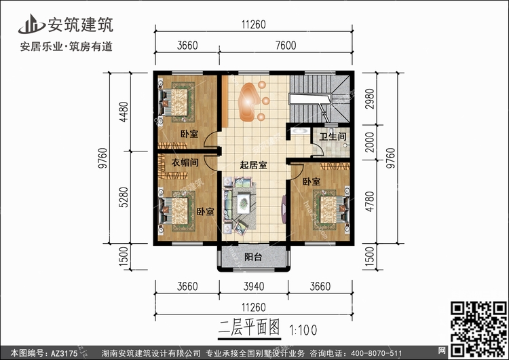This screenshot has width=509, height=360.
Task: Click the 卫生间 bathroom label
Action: click(333, 137)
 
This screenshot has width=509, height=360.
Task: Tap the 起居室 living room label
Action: click(254, 165)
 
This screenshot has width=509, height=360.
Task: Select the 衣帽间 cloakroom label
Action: click(185, 162)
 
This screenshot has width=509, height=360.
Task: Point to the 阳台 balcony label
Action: click(253, 257)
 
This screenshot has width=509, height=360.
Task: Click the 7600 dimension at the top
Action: click(286, 45)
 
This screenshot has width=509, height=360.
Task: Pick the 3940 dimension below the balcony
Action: click(254, 286)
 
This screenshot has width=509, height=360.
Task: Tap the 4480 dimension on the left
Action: click(124, 112)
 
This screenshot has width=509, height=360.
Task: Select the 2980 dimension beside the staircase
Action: click(370, 98)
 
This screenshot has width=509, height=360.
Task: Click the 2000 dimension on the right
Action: click(370, 143)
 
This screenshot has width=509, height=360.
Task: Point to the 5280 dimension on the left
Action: click(124, 197)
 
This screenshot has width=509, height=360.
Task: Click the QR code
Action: click(478, 329)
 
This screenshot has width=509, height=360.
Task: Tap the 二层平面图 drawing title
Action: click(249, 327)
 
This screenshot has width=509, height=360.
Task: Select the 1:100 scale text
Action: click(303, 330)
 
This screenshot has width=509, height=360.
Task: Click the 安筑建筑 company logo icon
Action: click(31, 24)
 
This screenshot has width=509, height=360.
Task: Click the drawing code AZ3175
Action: click(64, 353)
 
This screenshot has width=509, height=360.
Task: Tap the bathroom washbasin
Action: click(299, 131)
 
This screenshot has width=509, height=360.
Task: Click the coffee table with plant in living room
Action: click(243, 203)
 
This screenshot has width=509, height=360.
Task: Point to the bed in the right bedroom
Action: click(332, 210)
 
